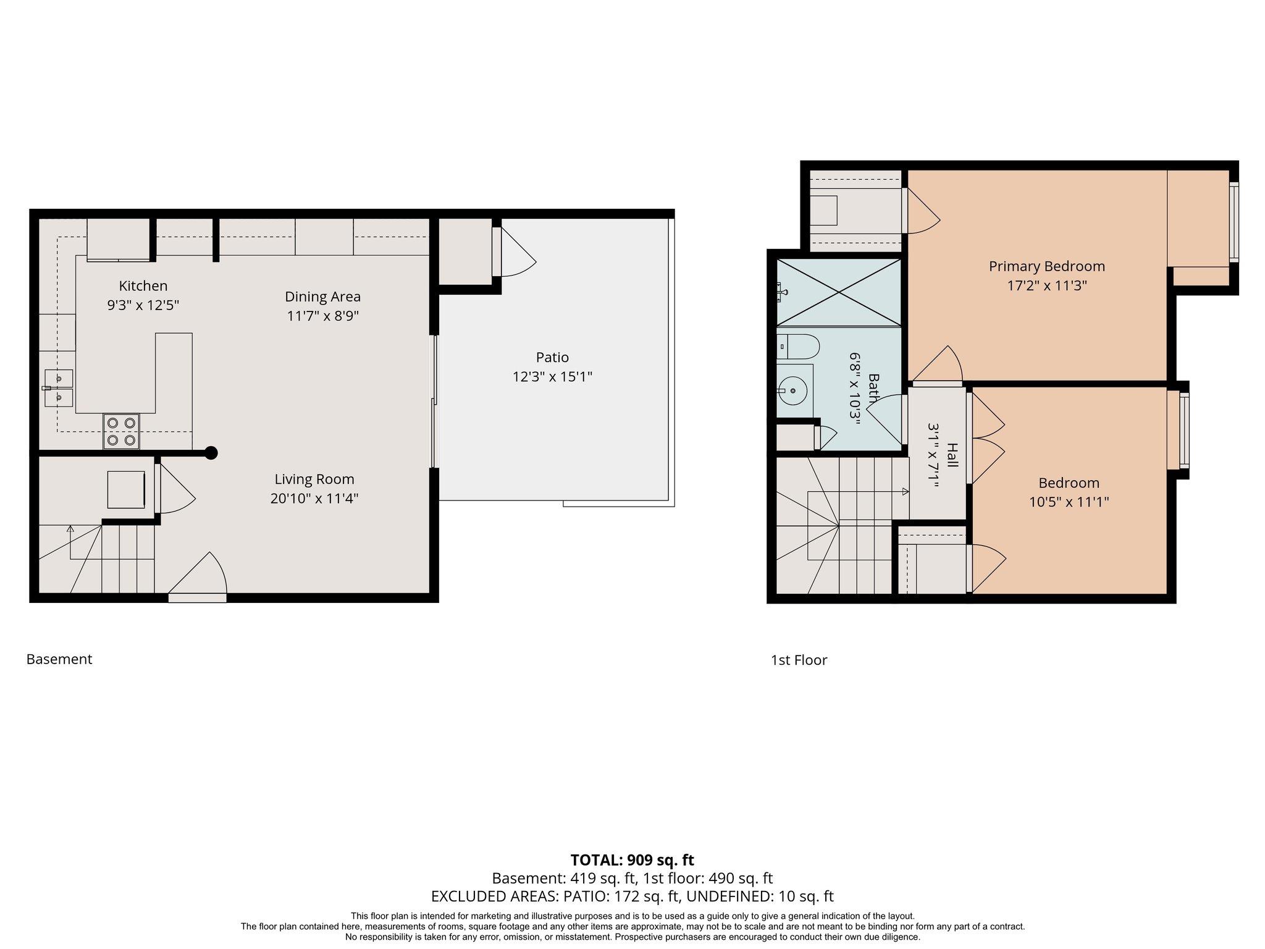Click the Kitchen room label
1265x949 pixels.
pyautogui.click(x=143, y=285)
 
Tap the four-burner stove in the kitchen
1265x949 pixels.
pyautogui.click(x=121, y=431)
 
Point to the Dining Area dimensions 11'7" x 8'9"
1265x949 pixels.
pyautogui.click(x=322, y=316)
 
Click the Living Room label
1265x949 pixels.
pyautogui.click(x=314, y=479)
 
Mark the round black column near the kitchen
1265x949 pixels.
pyautogui.click(x=211, y=453)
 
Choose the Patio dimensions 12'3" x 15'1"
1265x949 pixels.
pyautogui.click(x=552, y=376)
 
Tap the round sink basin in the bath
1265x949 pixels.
pyautogui.click(x=794, y=390)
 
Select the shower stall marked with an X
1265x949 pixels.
pyautogui.click(x=839, y=292)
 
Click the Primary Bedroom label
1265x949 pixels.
pyautogui.click(x=1046, y=266)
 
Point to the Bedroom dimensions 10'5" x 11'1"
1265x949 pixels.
pyautogui.click(x=1069, y=502)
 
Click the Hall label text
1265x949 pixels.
pyautogui.click(x=952, y=455)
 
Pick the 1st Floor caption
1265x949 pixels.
pyautogui.click(x=799, y=660)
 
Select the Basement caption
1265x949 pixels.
pyautogui.click(x=59, y=659)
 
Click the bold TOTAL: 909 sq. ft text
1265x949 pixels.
pyautogui.click(x=632, y=860)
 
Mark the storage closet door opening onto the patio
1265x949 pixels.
pyautogui.click(x=514, y=251)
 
